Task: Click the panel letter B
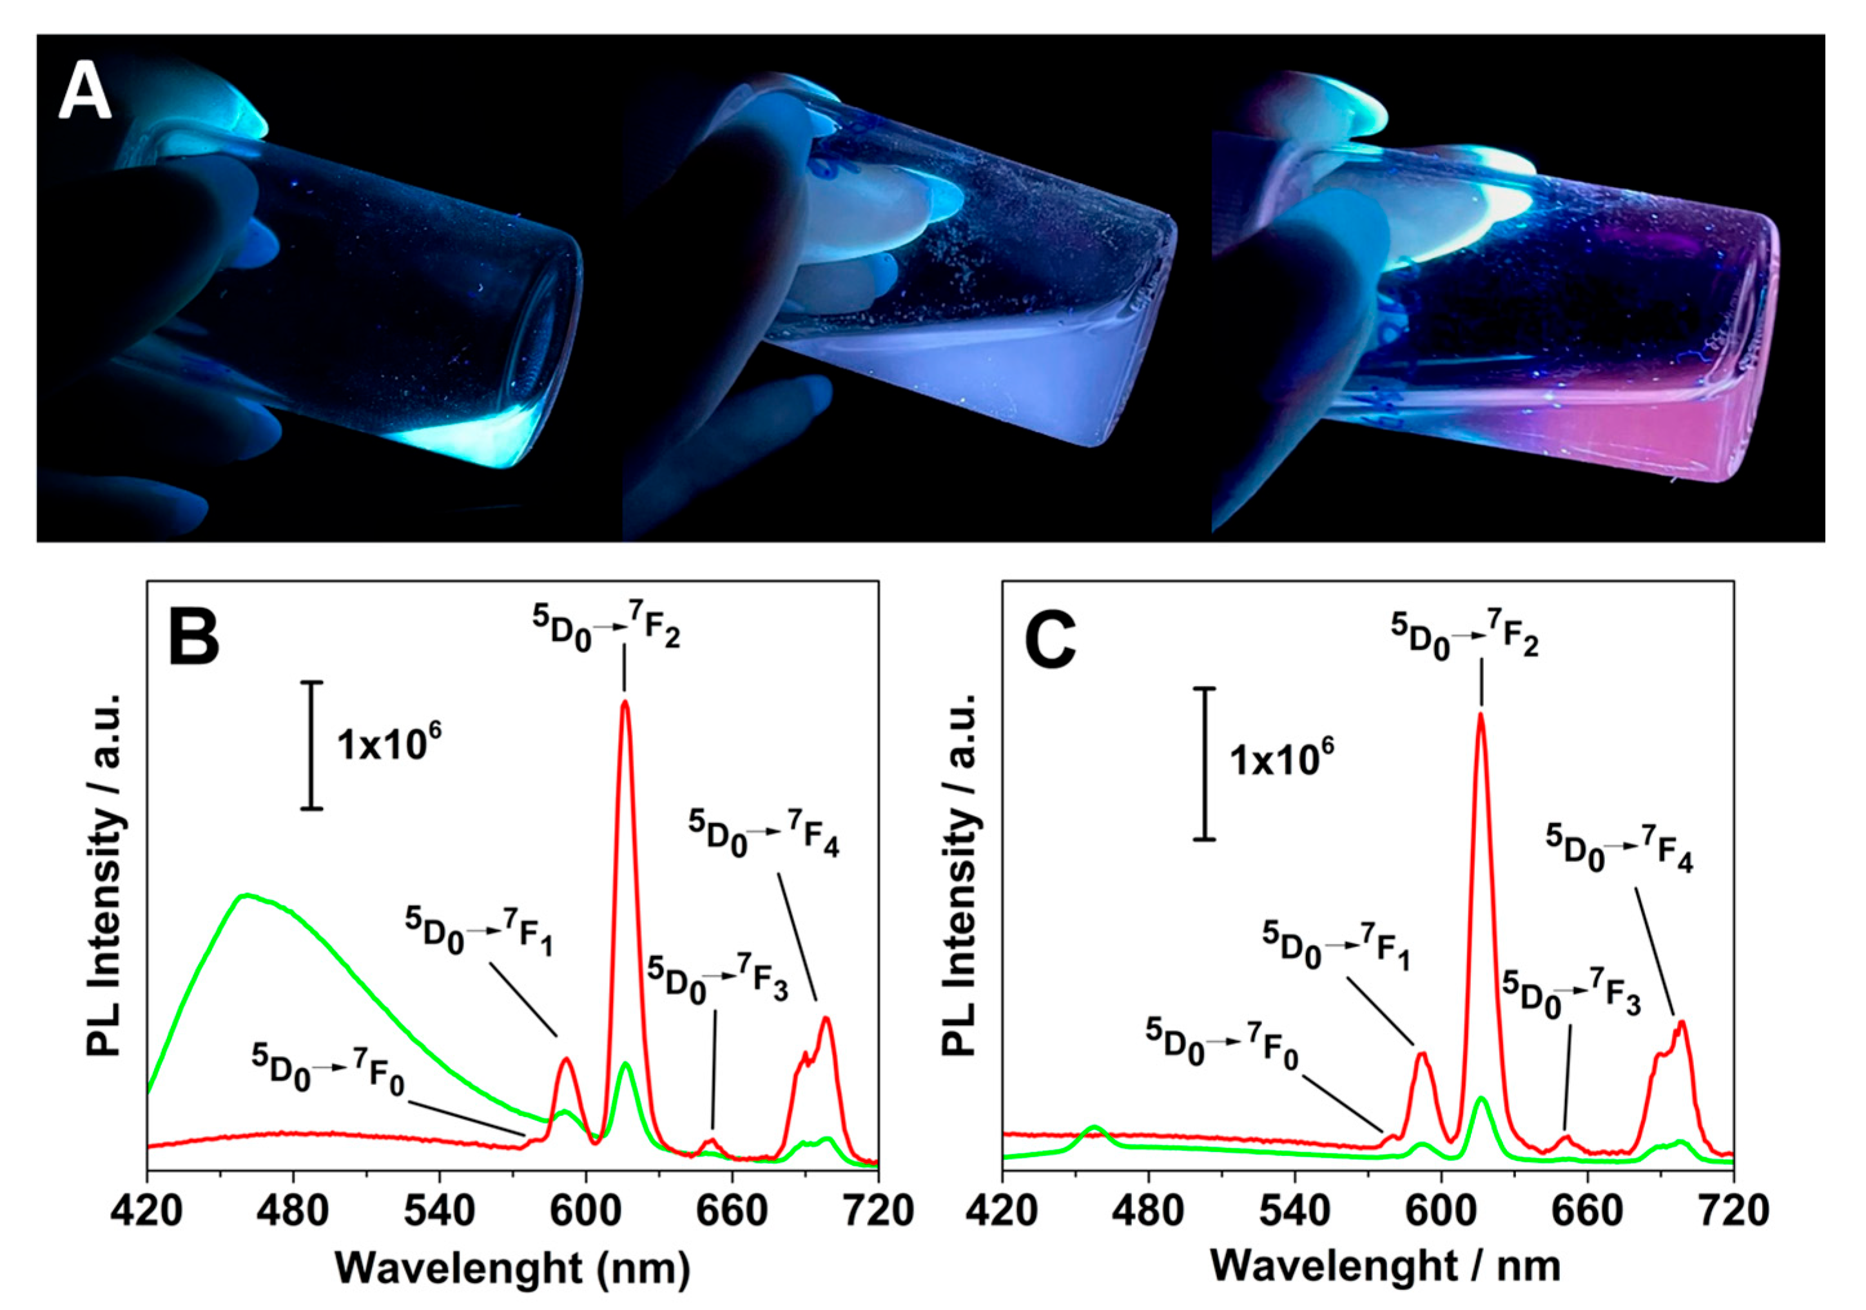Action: pyautogui.click(x=193, y=637)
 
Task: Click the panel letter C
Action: pyautogui.click(x=1050, y=637)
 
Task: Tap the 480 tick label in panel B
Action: pyautogui.click(x=293, y=1211)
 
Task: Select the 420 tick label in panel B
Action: pyautogui.click(x=147, y=1211)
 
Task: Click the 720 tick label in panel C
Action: pyautogui.click(x=1733, y=1211)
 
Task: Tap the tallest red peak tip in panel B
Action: pyautogui.click(x=624, y=702)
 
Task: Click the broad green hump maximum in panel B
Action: pyautogui.click(x=246, y=895)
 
